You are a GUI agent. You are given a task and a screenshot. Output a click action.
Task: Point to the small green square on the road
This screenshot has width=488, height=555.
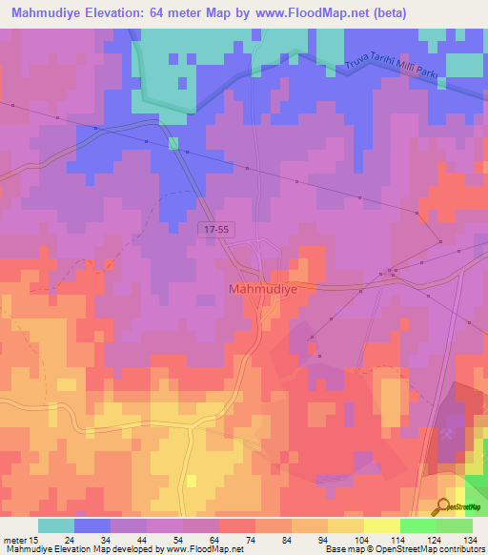[173, 144]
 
